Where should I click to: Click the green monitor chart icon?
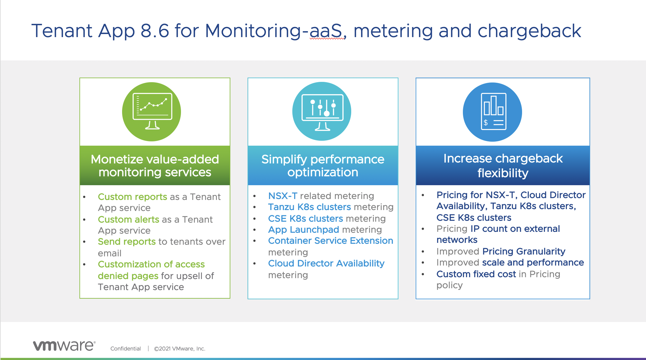tap(152, 112)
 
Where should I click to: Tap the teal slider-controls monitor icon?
tap(322, 112)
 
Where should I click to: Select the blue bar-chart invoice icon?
tap(492, 112)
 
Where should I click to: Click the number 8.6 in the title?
tap(155, 31)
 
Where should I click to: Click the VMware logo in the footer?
tap(64, 346)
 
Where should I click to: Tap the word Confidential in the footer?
tap(125, 349)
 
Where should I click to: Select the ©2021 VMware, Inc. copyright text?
tap(179, 349)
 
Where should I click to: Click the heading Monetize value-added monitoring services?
tap(155, 166)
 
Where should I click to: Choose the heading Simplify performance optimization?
tap(323, 166)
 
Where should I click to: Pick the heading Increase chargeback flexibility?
tap(503, 166)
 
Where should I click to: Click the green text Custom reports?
tap(132, 197)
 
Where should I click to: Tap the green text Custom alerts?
tap(128, 220)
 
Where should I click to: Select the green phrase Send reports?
tap(127, 242)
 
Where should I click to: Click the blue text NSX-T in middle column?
tap(283, 196)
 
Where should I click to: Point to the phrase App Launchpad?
tap(303, 230)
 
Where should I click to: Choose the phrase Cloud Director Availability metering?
tap(326, 264)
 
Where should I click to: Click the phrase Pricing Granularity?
tap(524, 251)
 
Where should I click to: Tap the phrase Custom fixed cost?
tap(476, 274)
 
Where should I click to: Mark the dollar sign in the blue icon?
tap(486, 123)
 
